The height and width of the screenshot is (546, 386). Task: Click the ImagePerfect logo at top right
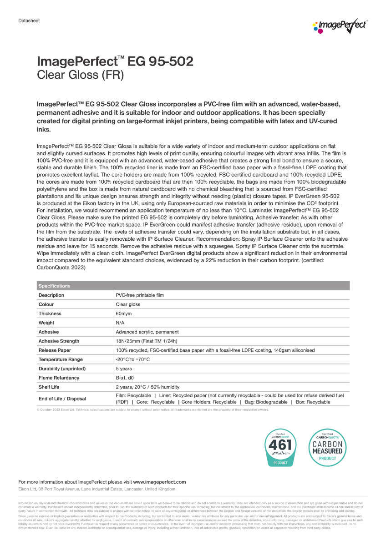tap(340, 27)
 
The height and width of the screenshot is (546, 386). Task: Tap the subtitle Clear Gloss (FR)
tap(80, 75)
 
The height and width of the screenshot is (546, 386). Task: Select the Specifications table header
tap(55, 286)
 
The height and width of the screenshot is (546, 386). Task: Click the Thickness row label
tap(50, 313)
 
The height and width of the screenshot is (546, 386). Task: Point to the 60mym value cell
tap(124, 313)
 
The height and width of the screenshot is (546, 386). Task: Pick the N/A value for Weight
tap(121, 323)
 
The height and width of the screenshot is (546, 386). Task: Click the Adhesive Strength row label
tap(59, 341)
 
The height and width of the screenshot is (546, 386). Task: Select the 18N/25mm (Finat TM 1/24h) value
tap(146, 341)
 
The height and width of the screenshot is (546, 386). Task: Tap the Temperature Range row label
tap(61, 359)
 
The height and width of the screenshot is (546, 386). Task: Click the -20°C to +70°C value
tap(133, 359)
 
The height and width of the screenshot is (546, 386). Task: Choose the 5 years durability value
tap(124, 369)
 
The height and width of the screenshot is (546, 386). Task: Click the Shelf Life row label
tap(51, 387)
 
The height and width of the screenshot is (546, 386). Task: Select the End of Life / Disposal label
tap(62, 399)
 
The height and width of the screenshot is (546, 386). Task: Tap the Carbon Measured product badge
tap(327, 447)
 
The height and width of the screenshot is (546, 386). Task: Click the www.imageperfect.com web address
tap(159, 482)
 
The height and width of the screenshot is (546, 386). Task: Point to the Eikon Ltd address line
tap(96, 489)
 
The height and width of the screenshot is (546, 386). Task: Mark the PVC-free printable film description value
tap(140, 295)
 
